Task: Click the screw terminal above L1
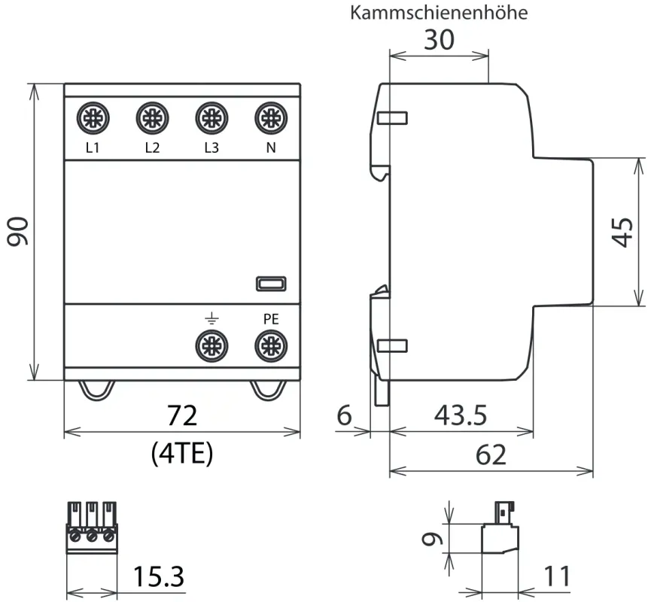93,118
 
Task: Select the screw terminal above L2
152,118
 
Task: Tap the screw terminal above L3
211,118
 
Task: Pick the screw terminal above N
270,118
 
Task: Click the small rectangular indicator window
270,283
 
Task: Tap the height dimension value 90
17,231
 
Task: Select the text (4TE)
182,452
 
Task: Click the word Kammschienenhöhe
439,13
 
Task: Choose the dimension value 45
622,231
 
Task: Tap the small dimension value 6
345,415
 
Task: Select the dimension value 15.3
158,577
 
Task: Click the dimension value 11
557,577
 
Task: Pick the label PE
270,319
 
